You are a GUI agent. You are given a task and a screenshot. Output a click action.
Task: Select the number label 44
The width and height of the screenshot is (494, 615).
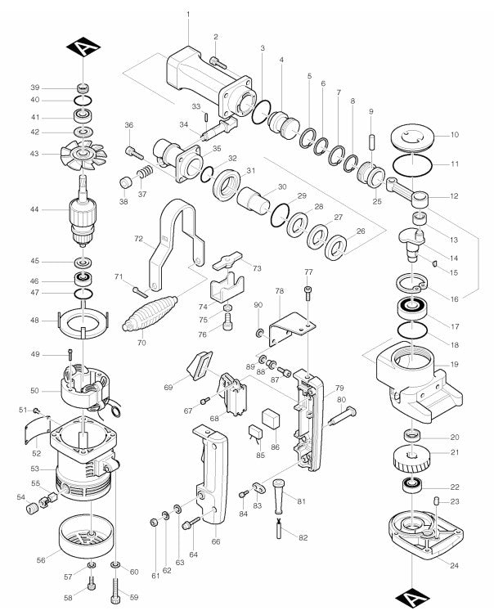pyautogui.click(x=35, y=210)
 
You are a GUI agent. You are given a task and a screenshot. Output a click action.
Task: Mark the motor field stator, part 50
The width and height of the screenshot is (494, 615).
pyautogui.click(x=86, y=387)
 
